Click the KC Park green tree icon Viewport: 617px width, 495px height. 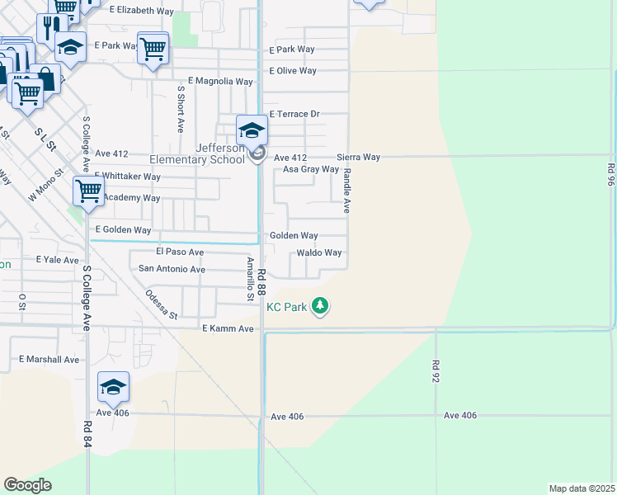[320, 307]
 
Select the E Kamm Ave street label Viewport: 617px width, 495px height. [228, 328]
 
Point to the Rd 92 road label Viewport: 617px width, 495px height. [435, 370]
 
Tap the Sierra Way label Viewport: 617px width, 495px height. [358, 157]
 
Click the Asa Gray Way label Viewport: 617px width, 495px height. [311, 169]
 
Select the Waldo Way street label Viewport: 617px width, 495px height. [319, 252]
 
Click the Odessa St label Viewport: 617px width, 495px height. [161, 304]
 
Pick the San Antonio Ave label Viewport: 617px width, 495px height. [172, 269]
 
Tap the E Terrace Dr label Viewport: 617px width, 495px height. [294, 114]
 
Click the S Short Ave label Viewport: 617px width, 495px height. [181, 107]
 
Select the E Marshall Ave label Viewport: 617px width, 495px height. [49, 360]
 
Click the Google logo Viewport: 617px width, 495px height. [27, 485]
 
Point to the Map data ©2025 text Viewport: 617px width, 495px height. [582, 488]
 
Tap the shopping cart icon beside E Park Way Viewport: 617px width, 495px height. [153, 49]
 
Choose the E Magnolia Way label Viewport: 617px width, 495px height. [220, 82]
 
